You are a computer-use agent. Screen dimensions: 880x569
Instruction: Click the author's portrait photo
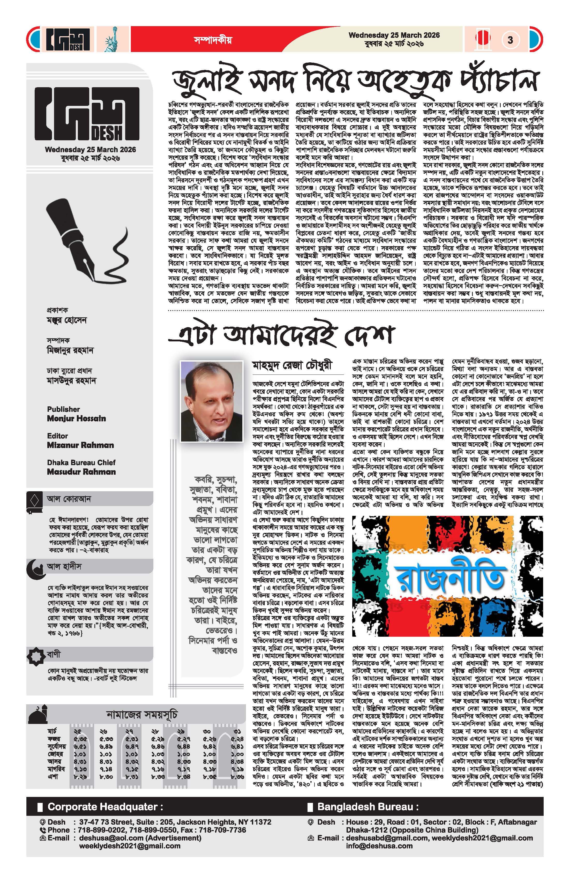[x=211, y=401]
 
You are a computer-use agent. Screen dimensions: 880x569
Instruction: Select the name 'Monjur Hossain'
[x=77, y=419]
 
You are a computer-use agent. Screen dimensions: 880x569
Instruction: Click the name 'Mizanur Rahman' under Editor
[x=80, y=445]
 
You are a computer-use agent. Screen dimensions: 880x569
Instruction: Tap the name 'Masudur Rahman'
[x=81, y=472]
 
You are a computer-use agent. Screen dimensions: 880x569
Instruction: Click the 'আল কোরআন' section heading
[x=69, y=499]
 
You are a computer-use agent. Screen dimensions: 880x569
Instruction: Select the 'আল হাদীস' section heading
[x=64, y=567]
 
